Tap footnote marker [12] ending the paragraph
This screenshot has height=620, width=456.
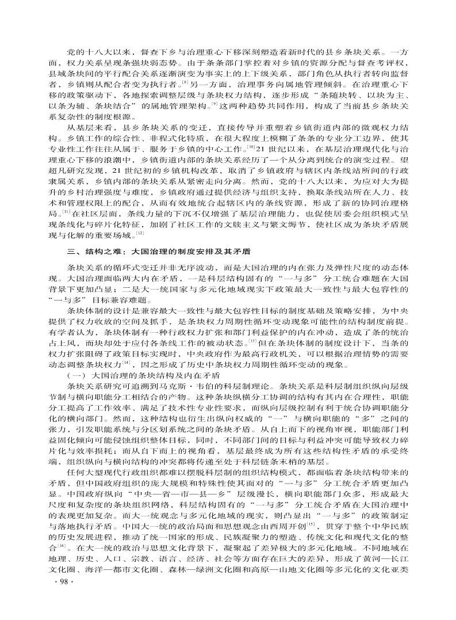tap(140, 236)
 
